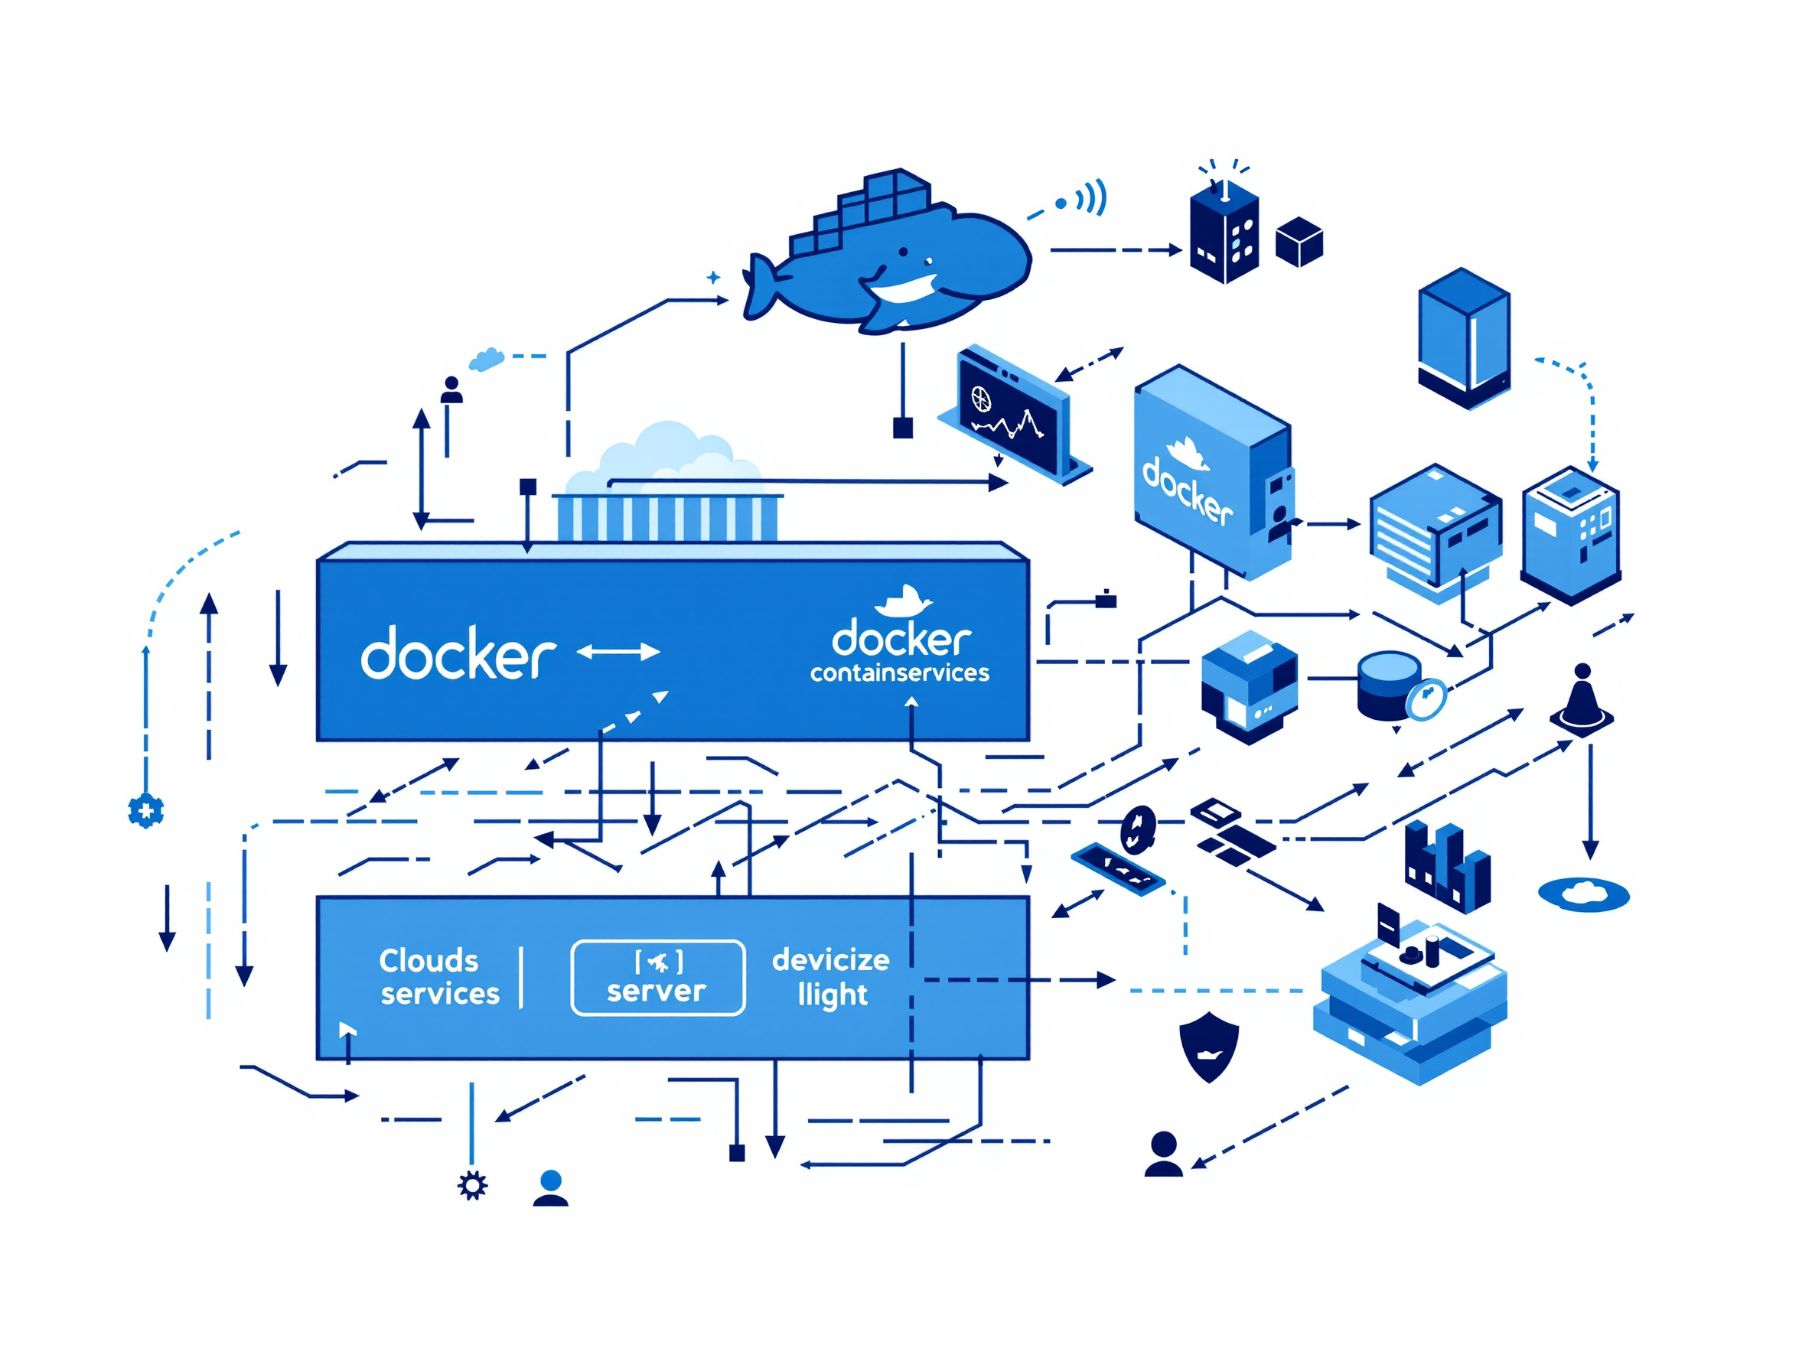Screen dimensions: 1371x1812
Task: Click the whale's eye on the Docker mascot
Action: pos(903,252)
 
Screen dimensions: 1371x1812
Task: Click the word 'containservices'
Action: pos(899,673)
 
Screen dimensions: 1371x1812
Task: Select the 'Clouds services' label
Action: pos(439,977)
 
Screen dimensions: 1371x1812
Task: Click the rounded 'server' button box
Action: pos(657,977)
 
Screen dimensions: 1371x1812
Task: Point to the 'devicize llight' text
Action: pos(831,977)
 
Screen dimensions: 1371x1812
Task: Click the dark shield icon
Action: pos(1208,1046)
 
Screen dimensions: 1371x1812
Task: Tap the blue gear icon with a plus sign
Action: pos(146,811)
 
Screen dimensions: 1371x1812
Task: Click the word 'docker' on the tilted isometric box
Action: pos(1187,490)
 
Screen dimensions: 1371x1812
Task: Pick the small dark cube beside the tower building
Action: pos(1299,242)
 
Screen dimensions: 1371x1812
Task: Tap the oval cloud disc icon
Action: pos(1582,894)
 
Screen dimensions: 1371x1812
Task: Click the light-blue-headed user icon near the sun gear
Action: pos(550,1188)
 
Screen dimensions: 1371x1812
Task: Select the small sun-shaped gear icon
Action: pos(473,1185)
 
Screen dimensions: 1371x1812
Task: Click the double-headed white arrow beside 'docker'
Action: pos(618,652)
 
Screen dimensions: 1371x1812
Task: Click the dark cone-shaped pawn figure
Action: pos(1582,699)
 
